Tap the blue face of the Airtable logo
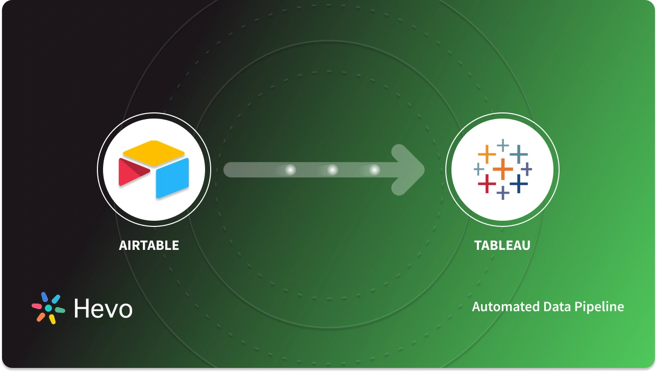point(172,177)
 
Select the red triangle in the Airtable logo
point(132,171)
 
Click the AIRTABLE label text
point(149,245)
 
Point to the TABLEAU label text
point(502,245)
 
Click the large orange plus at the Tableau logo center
point(502,169)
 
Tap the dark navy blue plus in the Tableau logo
point(518,183)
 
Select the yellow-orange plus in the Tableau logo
point(487,154)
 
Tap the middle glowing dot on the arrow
point(333,170)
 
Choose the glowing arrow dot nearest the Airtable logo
point(291,170)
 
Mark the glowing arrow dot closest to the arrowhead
point(374,170)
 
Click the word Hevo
point(103,308)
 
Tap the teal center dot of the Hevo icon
point(48,308)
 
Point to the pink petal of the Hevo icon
point(37,307)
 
